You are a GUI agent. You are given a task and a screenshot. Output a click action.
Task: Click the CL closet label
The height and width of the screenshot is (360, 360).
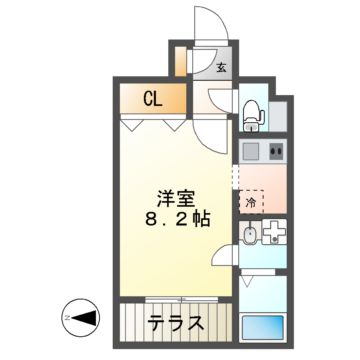pyautogui.click(x=153, y=99)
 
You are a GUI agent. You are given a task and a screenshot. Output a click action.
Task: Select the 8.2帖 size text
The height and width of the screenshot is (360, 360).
pyautogui.click(x=178, y=219)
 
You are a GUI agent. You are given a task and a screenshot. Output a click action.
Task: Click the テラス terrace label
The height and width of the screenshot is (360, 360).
pyautogui.click(x=176, y=322)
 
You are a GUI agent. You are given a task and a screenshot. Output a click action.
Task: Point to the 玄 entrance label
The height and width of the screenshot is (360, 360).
pyautogui.click(x=222, y=68)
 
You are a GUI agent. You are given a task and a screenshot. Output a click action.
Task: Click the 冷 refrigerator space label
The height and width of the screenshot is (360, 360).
pyautogui.click(x=250, y=202)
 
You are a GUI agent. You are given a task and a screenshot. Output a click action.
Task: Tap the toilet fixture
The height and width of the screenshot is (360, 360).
pyautogui.click(x=254, y=115)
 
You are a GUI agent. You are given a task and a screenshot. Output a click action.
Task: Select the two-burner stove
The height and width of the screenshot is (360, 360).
pyautogui.click(x=276, y=151)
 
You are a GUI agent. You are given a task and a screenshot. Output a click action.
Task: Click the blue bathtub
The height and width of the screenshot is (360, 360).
pyautogui.click(x=263, y=327)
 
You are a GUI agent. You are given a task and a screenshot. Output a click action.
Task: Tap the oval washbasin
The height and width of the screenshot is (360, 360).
pyautogui.click(x=249, y=235)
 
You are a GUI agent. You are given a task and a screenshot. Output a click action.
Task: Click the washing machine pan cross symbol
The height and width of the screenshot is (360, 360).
pyautogui.click(x=274, y=231)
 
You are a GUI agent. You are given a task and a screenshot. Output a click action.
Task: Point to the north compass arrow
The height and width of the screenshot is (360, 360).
pyautogui.click(x=85, y=318)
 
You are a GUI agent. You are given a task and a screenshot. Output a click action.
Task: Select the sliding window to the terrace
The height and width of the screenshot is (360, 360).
pyautogui.click(x=182, y=300)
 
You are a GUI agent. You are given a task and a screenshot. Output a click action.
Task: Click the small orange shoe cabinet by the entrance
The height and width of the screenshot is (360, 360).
pyautogui.click(x=180, y=62)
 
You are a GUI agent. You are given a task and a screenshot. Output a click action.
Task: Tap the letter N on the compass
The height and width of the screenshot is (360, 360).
pyautogui.click(x=67, y=318)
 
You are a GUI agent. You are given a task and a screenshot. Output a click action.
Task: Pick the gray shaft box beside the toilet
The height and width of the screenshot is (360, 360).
pyautogui.click(x=278, y=116)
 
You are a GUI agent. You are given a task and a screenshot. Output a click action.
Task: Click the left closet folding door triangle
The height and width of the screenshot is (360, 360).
pyautogui.click(x=133, y=125)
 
